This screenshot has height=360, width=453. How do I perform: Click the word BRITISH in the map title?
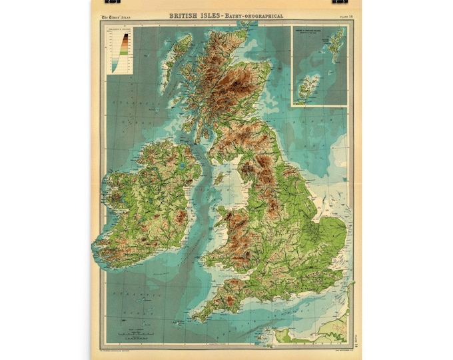(184, 15)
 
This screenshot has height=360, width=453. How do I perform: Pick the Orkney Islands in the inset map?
(308, 87)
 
